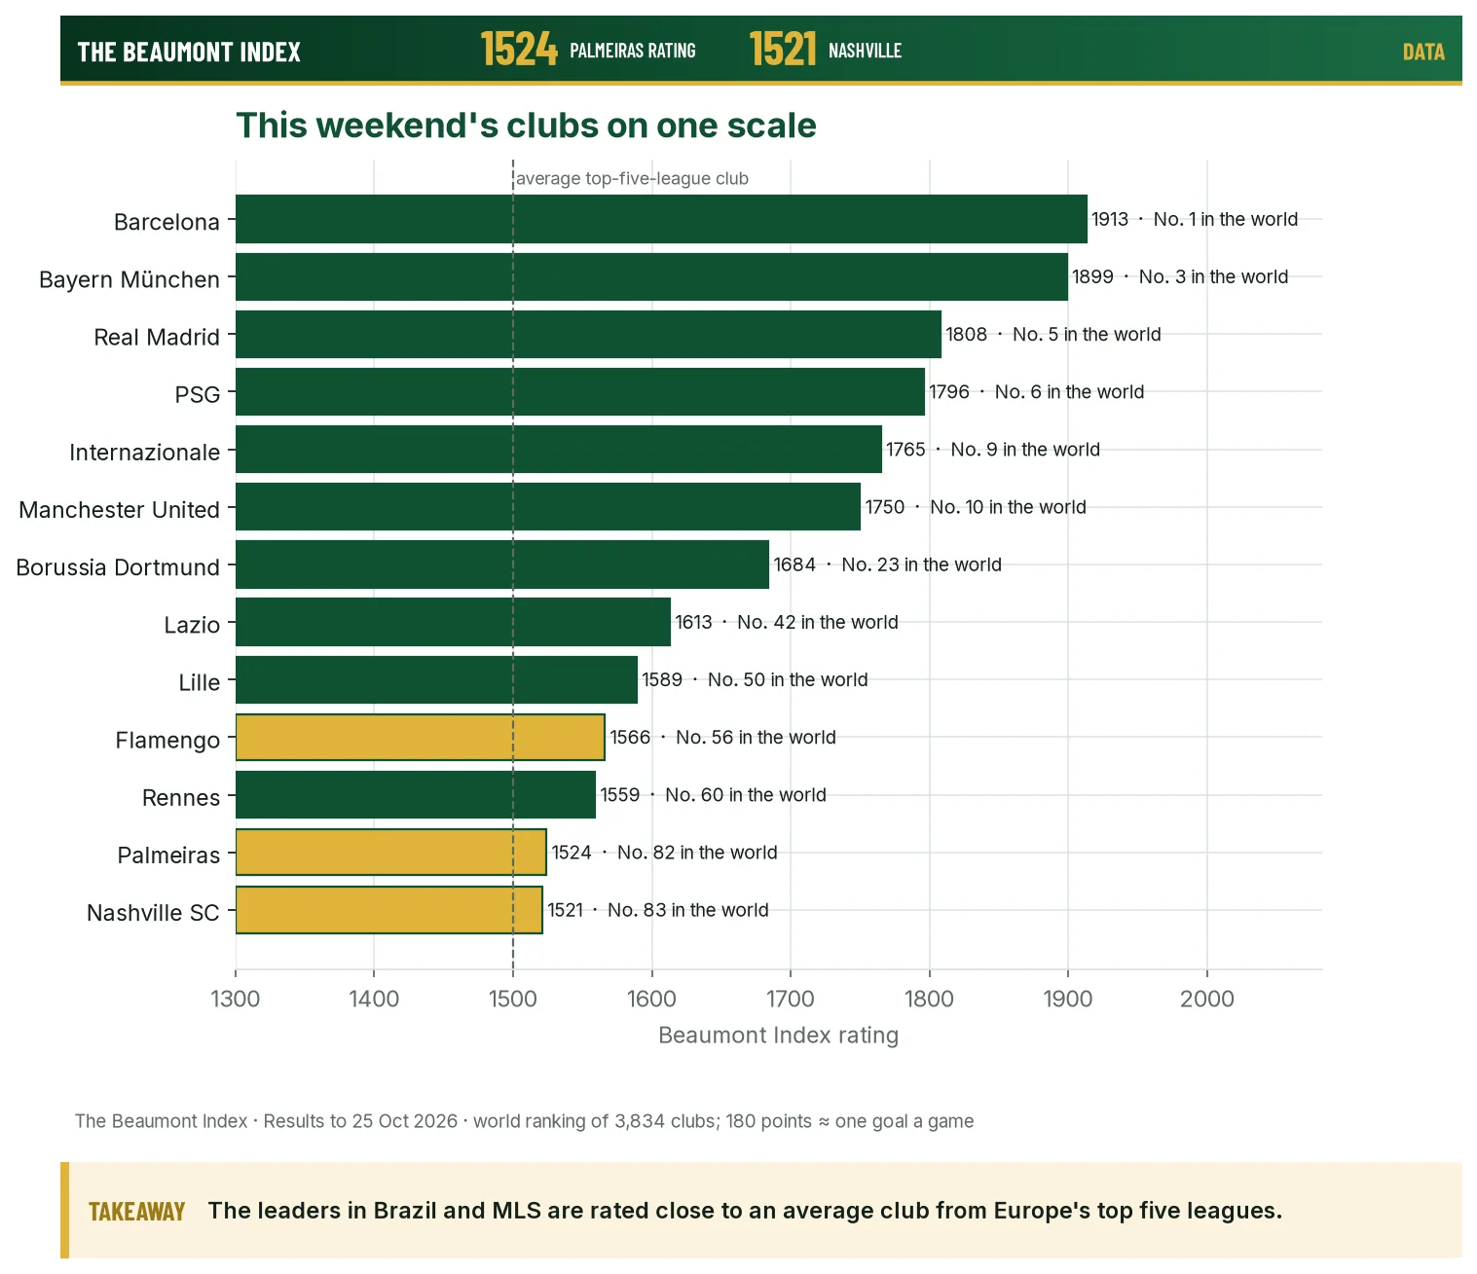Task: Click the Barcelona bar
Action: click(x=661, y=219)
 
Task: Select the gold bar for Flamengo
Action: click(x=421, y=737)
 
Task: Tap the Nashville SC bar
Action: click(x=388, y=910)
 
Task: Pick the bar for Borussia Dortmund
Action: click(x=502, y=564)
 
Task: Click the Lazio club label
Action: click(x=192, y=625)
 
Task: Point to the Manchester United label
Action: click(x=120, y=510)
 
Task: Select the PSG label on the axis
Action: click(x=198, y=394)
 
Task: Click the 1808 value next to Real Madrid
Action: click(x=966, y=334)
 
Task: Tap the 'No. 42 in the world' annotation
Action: click(x=818, y=622)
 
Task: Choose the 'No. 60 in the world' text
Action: click(x=745, y=795)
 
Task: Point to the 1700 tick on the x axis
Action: click(x=791, y=999)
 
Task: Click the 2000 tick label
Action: click(x=1207, y=999)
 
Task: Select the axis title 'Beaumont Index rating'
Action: click(x=778, y=1035)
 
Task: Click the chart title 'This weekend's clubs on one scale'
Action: click(x=526, y=126)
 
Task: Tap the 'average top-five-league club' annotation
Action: click(x=633, y=178)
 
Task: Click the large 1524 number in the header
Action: click(x=519, y=50)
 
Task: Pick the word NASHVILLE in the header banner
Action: click(x=865, y=51)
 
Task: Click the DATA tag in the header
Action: click(x=1423, y=53)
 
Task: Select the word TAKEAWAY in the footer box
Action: click(x=136, y=1211)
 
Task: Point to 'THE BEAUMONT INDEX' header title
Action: click(x=189, y=53)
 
